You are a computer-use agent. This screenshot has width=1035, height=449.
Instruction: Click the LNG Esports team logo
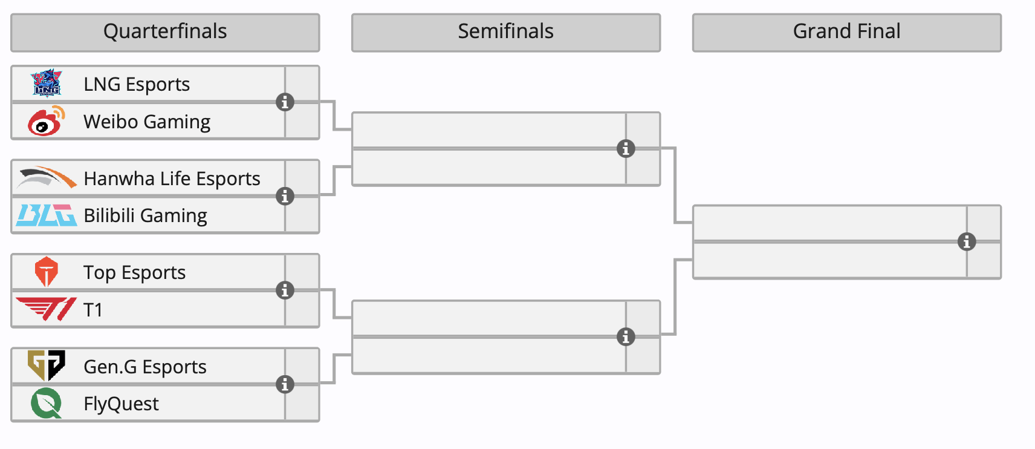[47, 84]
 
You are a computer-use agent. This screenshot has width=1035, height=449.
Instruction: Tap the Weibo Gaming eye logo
[46, 121]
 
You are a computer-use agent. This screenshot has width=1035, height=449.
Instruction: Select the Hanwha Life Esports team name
[172, 179]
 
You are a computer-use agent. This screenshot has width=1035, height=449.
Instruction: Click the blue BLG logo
[47, 215]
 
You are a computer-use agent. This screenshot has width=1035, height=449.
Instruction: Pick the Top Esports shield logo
[46, 272]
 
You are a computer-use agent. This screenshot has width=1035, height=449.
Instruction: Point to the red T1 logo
[47, 309]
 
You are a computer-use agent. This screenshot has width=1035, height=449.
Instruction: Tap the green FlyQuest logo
[47, 403]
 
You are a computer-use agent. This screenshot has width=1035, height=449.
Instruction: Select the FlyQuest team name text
[121, 404]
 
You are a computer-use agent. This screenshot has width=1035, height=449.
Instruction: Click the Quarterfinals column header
[165, 32]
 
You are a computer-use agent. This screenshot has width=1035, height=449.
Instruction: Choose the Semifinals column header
[505, 32]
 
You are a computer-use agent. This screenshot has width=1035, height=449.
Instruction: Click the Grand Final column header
[846, 32]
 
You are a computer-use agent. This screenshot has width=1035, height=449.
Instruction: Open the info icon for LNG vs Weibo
[285, 102]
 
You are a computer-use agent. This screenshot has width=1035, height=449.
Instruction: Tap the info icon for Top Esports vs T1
[285, 290]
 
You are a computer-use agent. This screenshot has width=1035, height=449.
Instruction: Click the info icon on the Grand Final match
[967, 241]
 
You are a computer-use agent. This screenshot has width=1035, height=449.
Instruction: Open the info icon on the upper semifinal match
[626, 148]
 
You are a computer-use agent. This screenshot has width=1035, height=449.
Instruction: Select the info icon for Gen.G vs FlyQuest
[285, 384]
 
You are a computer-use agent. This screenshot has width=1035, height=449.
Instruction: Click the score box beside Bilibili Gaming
[302, 215]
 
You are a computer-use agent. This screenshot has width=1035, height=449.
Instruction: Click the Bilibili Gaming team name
[145, 215]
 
